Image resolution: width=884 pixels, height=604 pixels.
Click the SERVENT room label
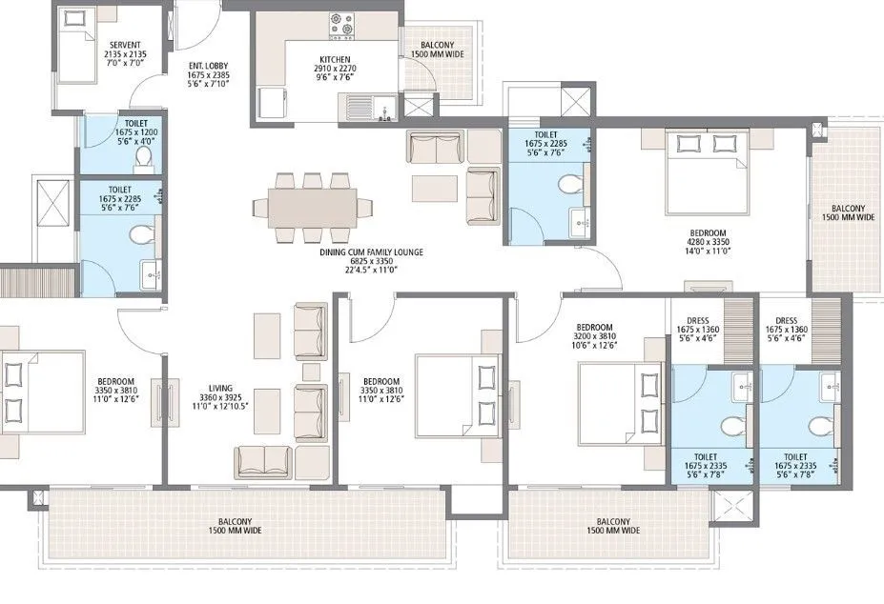tap(125, 45)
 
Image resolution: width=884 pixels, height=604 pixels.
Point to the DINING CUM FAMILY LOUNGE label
tap(371, 252)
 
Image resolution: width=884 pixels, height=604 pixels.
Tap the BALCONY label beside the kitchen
tap(441, 46)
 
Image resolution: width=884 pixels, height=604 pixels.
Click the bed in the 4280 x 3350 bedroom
tap(704, 171)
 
